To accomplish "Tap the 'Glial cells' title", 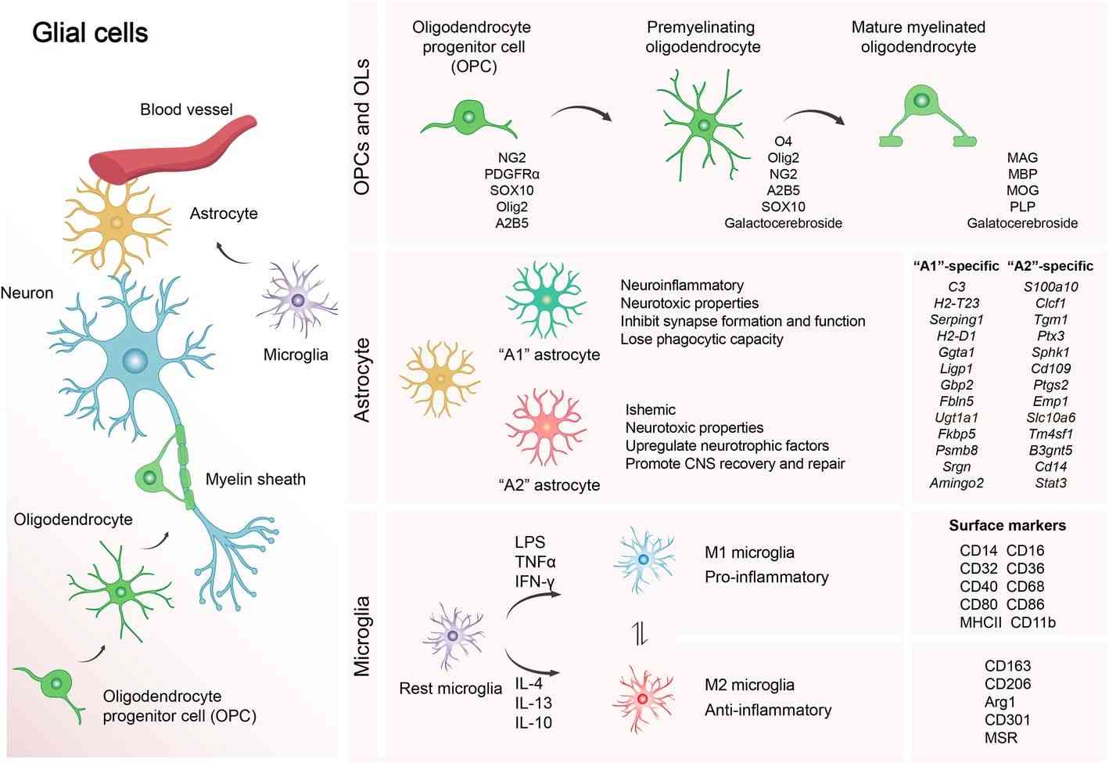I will click(90, 33).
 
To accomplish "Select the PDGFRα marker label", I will click(511, 174).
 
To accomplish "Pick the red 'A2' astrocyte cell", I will click(546, 428).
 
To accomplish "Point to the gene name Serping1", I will click(956, 319).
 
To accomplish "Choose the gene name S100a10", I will click(1050, 286).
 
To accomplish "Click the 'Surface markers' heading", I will click(1007, 526).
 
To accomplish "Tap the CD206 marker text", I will click(1007, 684).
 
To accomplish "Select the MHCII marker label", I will click(981, 623).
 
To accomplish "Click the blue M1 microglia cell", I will click(644, 559).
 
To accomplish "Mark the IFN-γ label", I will click(535, 581).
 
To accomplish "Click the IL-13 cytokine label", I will click(533, 703).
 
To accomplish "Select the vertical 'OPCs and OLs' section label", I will click(362, 127).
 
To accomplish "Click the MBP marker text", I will click(1022, 174).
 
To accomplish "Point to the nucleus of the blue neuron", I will click(135, 361).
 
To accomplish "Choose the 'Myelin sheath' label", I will click(255, 479).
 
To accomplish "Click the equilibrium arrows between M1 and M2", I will click(641, 633).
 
